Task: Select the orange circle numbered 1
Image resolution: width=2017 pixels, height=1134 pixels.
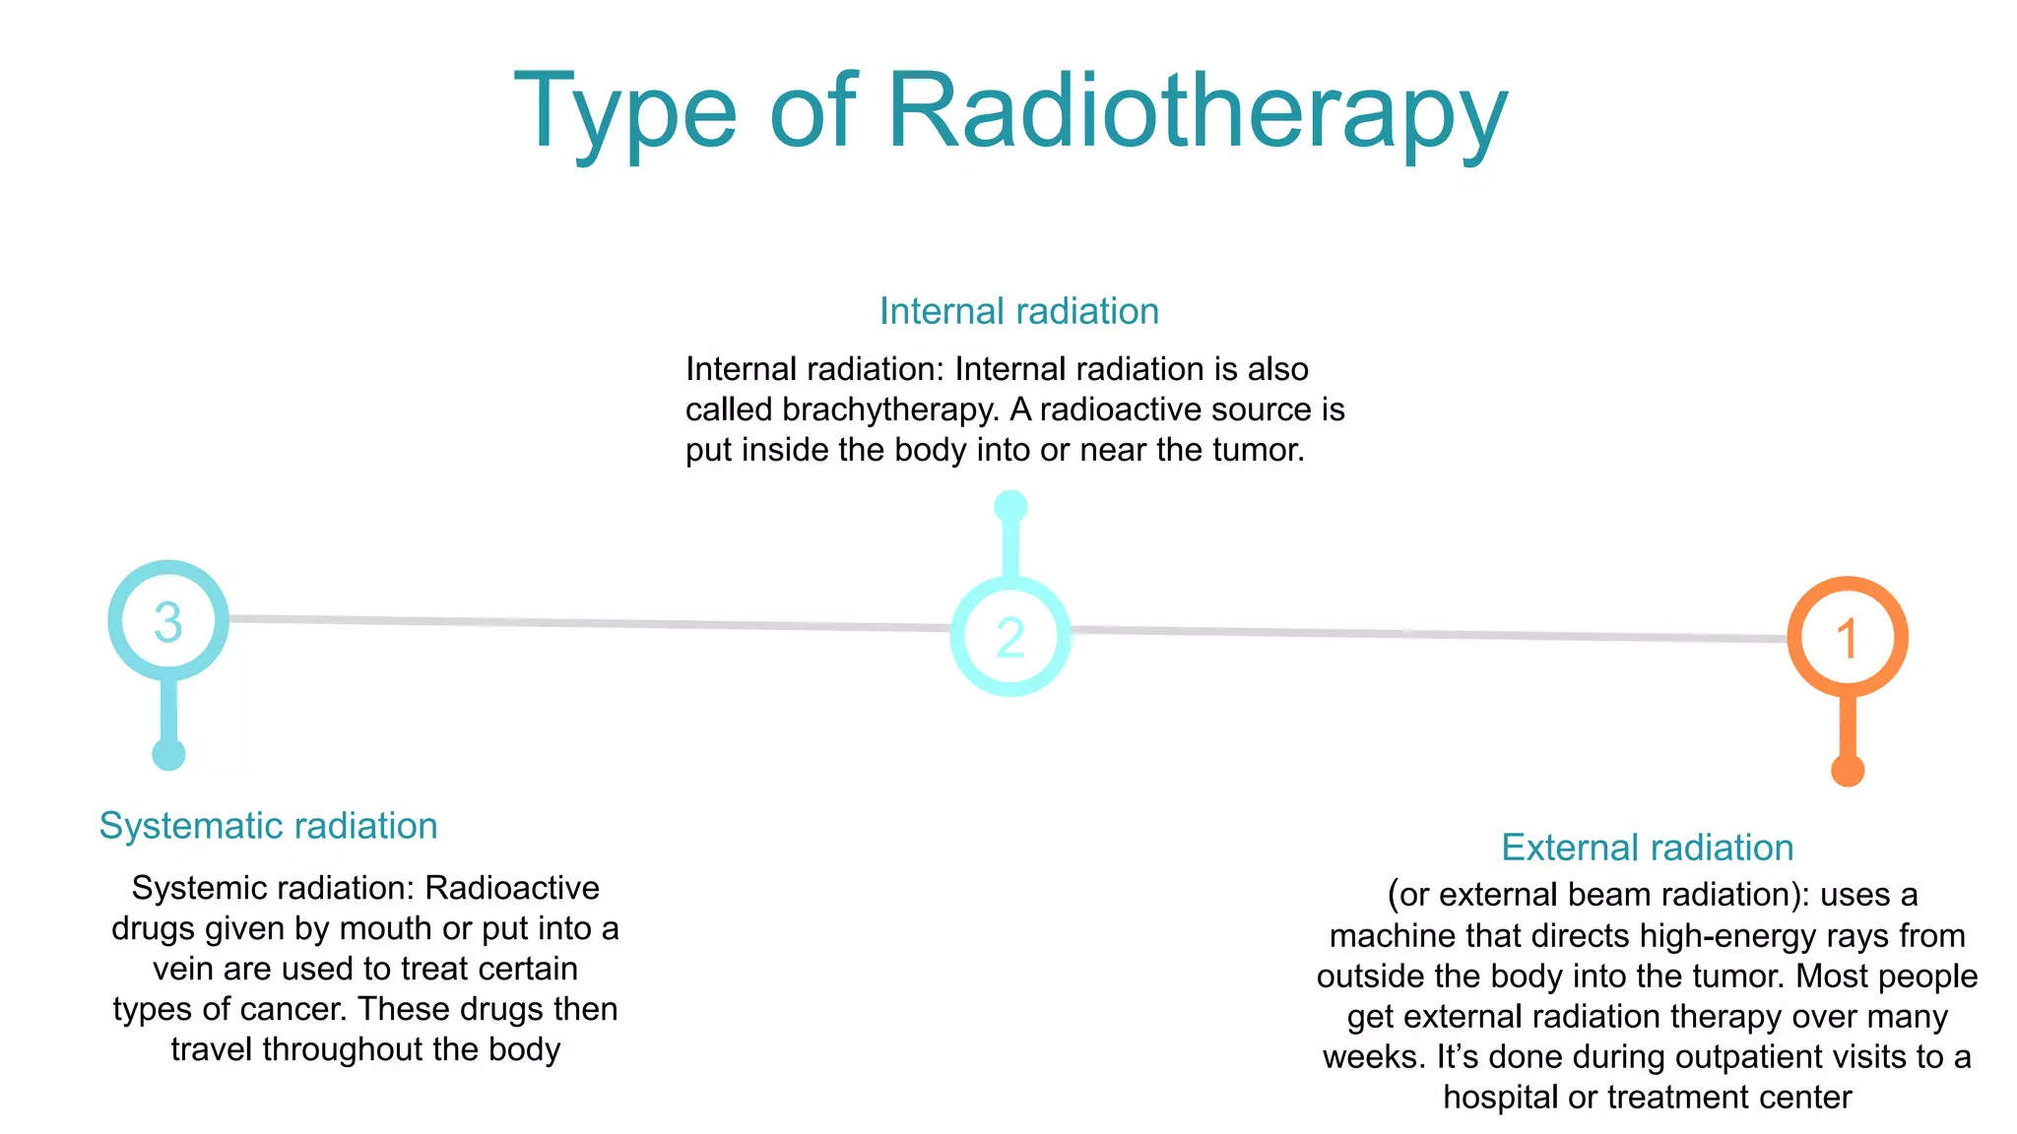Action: click(1848, 637)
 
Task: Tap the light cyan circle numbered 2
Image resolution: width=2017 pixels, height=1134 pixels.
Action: click(1010, 637)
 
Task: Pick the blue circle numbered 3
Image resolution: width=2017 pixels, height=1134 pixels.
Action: click(168, 621)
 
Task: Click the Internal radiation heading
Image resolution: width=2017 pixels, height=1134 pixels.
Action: click(1018, 311)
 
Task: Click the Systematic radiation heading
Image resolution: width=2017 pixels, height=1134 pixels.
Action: click(268, 825)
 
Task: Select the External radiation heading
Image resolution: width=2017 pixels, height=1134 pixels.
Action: click(1647, 848)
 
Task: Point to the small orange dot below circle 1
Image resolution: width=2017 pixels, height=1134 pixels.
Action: click(1848, 770)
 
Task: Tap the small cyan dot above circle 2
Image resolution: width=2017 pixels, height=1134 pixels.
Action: click(1010, 507)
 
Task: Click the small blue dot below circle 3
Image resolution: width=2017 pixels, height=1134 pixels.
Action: click(168, 755)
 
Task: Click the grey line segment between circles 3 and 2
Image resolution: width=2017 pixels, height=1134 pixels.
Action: click(591, 623)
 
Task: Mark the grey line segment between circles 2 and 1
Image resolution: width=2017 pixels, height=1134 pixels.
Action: click(1428, 633)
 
